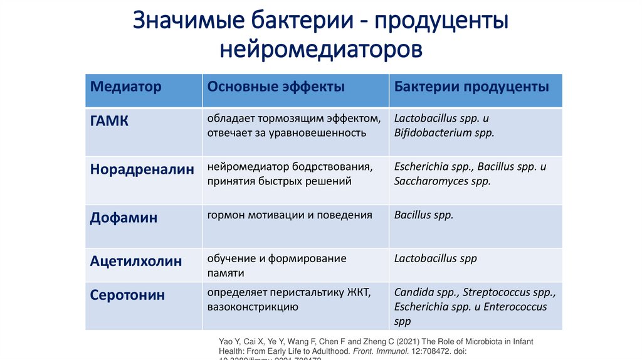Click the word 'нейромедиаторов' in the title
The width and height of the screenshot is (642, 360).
click(x=321, y=48)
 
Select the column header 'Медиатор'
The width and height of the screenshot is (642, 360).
click(x=126, y=87)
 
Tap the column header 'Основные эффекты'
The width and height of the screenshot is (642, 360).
click(x=276, y=87)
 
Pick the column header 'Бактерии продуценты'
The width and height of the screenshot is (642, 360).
click(x=471, y=87)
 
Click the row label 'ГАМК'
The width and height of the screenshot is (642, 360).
click(x=110, y=121)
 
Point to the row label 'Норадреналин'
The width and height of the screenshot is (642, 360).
click(x=142, y=169)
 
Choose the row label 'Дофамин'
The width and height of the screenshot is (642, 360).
click(x=124, y=218)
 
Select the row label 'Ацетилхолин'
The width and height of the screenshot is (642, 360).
click(x=136, y=261)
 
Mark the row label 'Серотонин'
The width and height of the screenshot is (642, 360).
click(x=128, y=295)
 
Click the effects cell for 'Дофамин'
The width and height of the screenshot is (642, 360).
click(x=290, y=215)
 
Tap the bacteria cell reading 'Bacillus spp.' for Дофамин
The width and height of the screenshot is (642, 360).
click(x=424, y=215)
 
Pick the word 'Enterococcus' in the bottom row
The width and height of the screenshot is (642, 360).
click(x=516, y=307)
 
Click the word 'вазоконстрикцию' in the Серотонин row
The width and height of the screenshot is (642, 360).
click(x=253, y=307)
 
